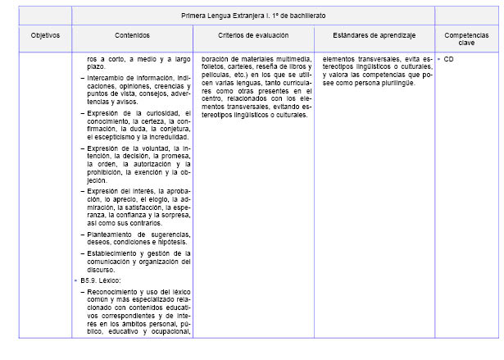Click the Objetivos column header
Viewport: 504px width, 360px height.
[45, 36]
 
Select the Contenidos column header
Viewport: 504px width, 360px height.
[133, 36]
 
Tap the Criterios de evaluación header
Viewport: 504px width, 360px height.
[252, 36]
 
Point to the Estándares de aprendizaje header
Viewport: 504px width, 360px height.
[375, 36]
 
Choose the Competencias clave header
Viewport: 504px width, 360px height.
[466, 39]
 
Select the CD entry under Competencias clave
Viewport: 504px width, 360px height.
[449, 60]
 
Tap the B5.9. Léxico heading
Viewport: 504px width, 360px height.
[100, 281]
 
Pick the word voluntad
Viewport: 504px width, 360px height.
[154, 148]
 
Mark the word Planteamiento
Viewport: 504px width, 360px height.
[111, 235]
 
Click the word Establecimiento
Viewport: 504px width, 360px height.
[113, 253]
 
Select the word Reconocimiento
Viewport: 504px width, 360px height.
[115, 293]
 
